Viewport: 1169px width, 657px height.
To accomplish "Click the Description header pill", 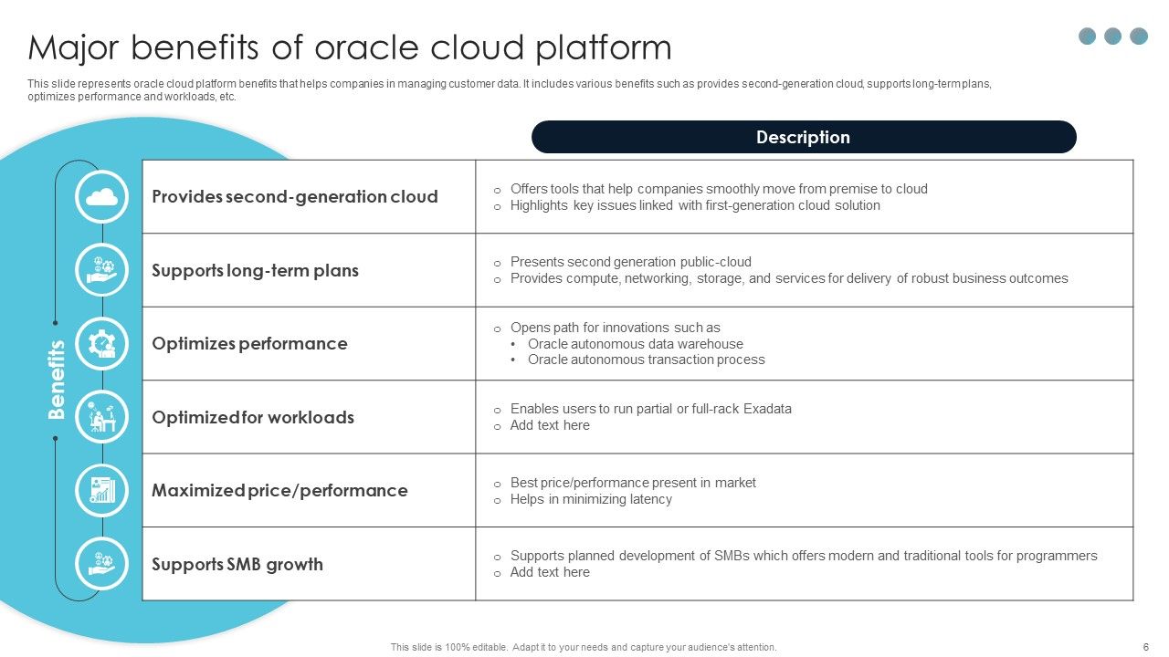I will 804,137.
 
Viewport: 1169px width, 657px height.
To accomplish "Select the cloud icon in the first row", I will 101,196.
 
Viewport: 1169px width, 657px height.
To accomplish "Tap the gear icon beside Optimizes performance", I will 101,343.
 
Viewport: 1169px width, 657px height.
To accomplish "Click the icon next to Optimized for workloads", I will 101,417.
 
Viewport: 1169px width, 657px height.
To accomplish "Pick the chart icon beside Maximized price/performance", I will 101,490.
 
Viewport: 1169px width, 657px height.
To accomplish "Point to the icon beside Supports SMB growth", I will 101,564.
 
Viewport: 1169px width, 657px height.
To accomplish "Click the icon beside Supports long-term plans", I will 101,270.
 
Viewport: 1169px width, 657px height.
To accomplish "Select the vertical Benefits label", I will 57,380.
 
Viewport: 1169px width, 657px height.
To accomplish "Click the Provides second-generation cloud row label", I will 294,196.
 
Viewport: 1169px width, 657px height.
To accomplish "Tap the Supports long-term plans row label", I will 255,270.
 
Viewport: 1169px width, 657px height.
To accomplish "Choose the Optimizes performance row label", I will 249,343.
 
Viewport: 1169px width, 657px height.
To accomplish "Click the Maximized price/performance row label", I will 279,490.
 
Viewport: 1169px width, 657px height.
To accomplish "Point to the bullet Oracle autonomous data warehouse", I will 635,344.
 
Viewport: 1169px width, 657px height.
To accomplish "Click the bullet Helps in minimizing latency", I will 591,499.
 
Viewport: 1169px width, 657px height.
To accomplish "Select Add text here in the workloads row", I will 550,425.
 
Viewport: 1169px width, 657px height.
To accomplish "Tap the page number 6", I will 1145,647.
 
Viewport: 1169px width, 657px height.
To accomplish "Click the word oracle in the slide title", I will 363,47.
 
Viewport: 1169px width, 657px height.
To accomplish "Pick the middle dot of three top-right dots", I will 1112,36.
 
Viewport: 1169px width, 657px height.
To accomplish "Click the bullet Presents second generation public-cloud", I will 630,262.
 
